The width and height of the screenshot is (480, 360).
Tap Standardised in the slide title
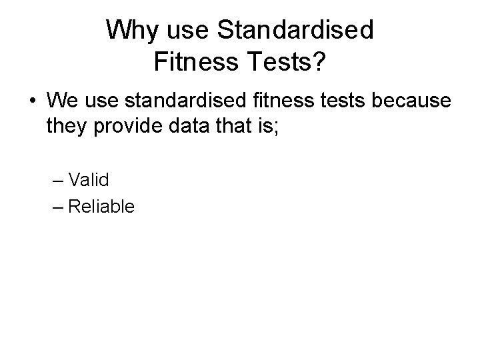pyautogui.click(x=296, y=30)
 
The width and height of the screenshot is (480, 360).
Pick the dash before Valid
pyautogui.click(x=57, y=180)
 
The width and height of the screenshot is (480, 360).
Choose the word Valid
pyautogui.click(x=89, y=180)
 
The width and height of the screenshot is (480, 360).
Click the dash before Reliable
pyautogui.click(x=57, y=207)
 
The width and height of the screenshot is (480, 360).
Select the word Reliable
pyautogui.click(x=101, y=207)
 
